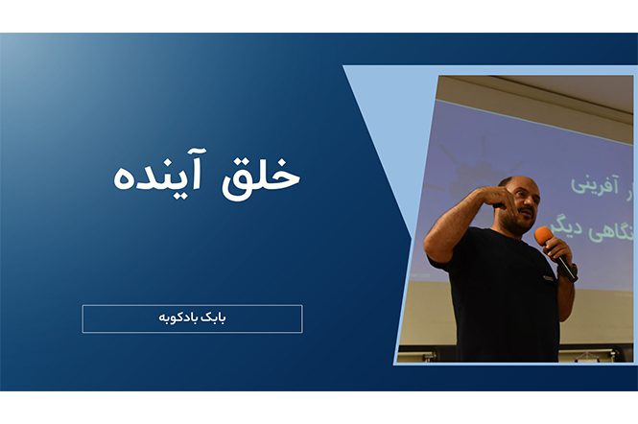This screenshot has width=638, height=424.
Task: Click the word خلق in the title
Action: tap(265, 176)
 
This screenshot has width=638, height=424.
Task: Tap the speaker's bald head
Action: tap(518, 183)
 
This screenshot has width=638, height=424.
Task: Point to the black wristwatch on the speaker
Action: tap(572, 271)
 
